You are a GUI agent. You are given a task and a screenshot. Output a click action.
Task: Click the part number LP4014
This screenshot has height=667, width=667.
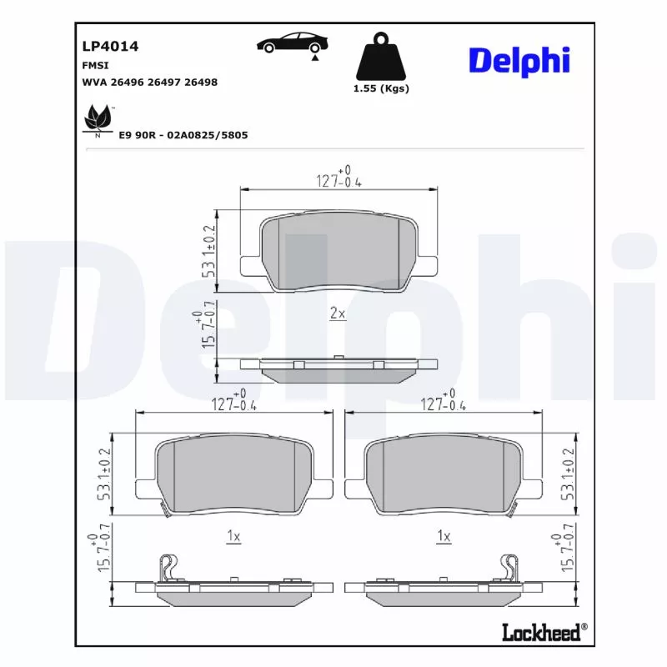[x=110, y=47]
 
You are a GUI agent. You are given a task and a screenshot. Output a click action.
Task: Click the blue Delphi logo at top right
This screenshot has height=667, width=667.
[x=519, y=59]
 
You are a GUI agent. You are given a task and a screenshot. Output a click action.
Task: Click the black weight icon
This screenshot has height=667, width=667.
[x=381, y=56]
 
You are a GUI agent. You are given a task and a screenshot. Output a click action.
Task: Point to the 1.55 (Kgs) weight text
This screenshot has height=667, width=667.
[x=381, y=88]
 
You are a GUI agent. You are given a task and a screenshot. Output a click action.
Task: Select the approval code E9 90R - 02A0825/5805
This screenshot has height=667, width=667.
[x=183, y=134]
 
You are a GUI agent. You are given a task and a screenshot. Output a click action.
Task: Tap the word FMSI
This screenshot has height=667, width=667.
[x=96, y=65]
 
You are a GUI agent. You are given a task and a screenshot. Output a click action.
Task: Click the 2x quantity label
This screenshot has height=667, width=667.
[x=338, y=313]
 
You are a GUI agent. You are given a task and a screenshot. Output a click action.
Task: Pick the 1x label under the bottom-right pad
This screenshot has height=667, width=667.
[x=444, y=537]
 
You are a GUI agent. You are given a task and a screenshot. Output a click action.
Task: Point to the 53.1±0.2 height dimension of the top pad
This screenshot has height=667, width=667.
[x=209, y=249]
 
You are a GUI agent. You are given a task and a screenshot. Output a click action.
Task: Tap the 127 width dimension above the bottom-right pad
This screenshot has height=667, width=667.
[x=443, y=404]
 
